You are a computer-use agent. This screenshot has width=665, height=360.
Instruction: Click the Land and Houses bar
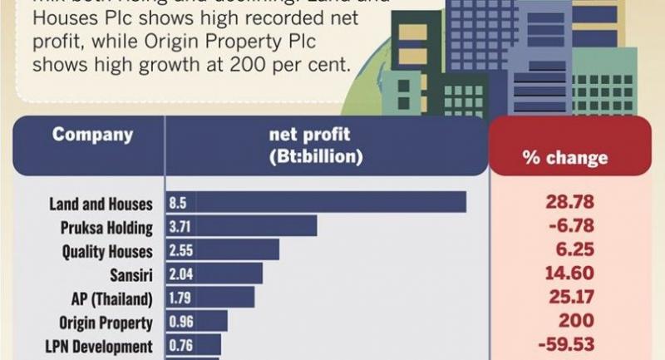pyautogui.click(x=316, y=203)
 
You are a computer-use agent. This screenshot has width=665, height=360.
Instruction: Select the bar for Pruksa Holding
pyautogui.click(x=242, y=226)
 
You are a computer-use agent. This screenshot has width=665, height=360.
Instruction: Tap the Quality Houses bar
pyautogui.click(x=223, y=250)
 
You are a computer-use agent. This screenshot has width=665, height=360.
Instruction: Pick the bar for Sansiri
pyautogui.click(x=214, y=274)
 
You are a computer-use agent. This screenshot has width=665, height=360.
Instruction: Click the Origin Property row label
pyautogui.click(x=106, y=322)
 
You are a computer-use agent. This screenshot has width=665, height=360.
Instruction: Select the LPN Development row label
pyautogui.click(x=100, y=346)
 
